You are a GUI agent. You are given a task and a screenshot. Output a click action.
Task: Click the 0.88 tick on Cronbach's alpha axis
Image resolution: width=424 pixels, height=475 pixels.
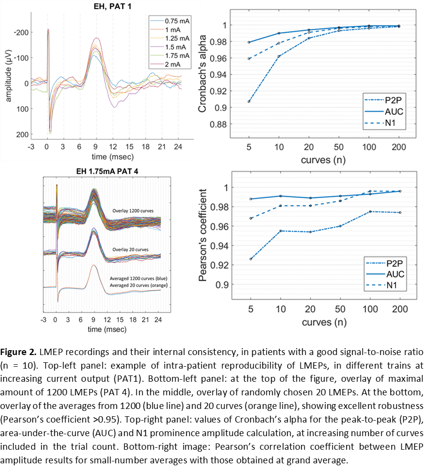(220, 124)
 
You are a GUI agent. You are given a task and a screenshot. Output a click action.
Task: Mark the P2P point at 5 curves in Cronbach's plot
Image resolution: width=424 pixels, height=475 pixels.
(249, 102)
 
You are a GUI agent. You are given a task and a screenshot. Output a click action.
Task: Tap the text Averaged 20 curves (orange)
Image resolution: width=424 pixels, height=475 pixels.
(139, 285)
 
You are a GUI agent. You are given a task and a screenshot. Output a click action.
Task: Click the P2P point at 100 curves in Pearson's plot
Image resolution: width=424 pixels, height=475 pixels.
(370, 211)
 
